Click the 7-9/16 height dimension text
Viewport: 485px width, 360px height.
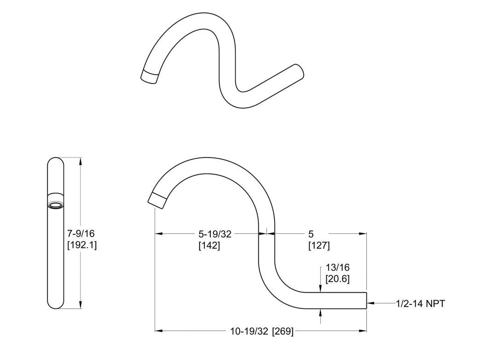click(x=81, y=233)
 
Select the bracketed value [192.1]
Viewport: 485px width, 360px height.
click(x=82, y=245)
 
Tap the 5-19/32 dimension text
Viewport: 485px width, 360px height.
click(x=215, y=234)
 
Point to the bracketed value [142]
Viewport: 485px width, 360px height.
click(x=209, y=245)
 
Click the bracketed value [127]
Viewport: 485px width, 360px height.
click(x=319, y=245)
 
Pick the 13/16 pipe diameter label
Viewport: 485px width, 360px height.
click(x=337, y=267)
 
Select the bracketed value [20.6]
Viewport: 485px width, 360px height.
click(x=337, y=279)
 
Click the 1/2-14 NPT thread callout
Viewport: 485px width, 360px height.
click(x=421, y=303)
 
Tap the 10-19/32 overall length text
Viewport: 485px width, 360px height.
click(x=249, y=331)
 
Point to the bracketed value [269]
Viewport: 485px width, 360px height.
click(x=283, y=331)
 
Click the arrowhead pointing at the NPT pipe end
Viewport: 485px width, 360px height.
click(x=370, y=303)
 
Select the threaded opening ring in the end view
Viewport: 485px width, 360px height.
click(x=56, y=205)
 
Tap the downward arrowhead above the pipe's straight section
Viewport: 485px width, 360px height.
click(x=320, y=288)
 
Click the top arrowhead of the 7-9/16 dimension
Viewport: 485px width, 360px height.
click(x=81, y=161)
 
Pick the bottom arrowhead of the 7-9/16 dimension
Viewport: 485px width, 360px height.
click(x=81, y=305)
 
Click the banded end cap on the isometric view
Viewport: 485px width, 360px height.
click(x=149, y=76)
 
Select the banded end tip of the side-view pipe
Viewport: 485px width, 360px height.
click(x=158, y=200)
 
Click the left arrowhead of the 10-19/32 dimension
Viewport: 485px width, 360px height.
click(x=159, y=331)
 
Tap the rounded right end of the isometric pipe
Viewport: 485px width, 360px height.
click(x=299, y=72)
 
